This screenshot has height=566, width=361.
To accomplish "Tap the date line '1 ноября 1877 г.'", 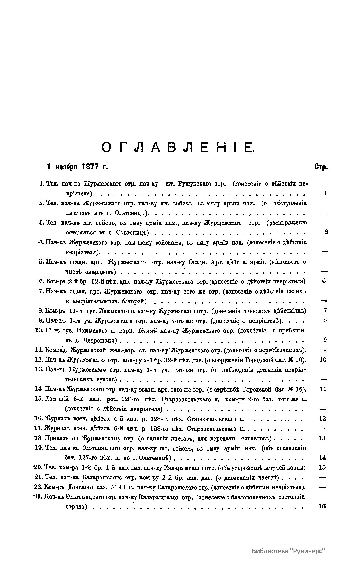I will (x=77, y=167).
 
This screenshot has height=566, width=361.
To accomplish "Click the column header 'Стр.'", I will (x=321, y=167).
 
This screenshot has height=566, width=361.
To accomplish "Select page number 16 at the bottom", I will (x=322, y=506).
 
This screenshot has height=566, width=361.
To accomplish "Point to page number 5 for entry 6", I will (x=324, y=281).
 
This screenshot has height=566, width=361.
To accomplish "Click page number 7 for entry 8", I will (x=325, y=310).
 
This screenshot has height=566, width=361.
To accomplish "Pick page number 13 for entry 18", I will (x=322, y=438).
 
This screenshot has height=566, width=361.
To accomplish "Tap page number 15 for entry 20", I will (x=322, y=467).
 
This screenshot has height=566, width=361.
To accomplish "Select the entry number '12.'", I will (x=39, y=360).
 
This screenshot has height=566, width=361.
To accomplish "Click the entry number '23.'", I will (x=38, y=497).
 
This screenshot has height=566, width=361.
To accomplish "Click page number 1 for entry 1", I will (x=326, y=193).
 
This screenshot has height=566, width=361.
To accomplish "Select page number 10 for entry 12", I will (x=323, y=360).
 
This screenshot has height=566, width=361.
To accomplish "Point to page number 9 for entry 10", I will (x=325, y=340).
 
